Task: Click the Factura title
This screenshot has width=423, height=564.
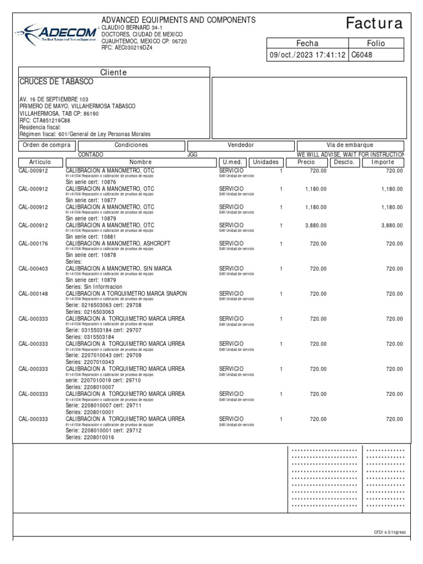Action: (x=374, y=23)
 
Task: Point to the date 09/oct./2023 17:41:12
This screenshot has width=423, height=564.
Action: (x=307, y=55)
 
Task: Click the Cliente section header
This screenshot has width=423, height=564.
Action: (x=113, y=72)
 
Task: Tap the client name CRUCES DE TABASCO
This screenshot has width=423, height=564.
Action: (x=57, y=82)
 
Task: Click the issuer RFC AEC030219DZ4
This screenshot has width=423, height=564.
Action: (x=127, y=47)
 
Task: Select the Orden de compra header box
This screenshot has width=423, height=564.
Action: (x=47, y=145)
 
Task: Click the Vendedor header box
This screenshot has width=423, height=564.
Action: (x=241, y=145)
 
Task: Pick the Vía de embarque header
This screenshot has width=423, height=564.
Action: (x=350, y=145)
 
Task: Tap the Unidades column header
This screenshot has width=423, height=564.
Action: (x=267, y=162)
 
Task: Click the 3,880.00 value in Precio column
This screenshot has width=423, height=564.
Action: (x=315, y=225)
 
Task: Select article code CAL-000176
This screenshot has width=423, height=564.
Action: (x=34, y=243)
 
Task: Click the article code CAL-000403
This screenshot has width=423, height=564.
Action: (x=34, y=268)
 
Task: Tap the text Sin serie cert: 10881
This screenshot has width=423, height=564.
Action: (x=91, y=237)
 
